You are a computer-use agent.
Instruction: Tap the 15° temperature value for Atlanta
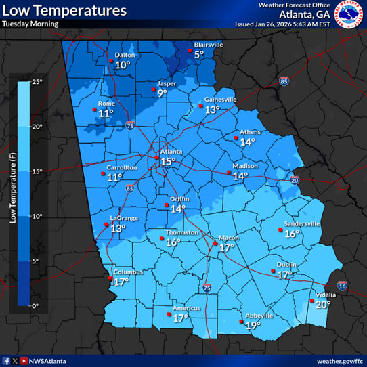point(167,161)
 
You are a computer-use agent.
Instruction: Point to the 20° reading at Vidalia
point(323,305)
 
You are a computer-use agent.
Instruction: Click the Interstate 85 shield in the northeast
point(283,81)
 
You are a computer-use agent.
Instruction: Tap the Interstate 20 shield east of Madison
point(295,180)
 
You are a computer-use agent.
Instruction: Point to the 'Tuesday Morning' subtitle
point(30,24)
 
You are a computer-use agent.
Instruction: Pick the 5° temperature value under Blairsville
point(199,54)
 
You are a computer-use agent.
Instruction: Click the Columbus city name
point(129,272)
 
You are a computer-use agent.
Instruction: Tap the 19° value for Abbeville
point(253,326)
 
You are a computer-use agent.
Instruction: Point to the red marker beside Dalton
point(112,62)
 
